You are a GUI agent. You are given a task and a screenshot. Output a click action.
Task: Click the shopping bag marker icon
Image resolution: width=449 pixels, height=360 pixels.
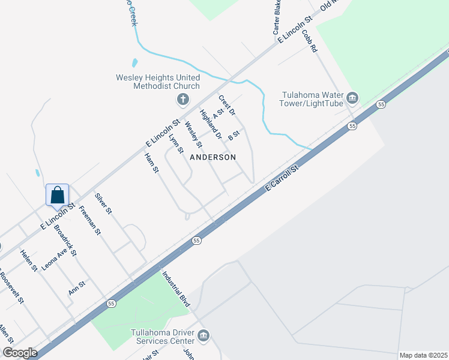(57, 195)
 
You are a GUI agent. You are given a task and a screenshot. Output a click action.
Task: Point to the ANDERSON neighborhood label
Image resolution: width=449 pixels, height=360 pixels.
(212, 157)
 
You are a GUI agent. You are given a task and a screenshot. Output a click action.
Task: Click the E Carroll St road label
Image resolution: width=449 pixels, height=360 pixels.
(282, 179)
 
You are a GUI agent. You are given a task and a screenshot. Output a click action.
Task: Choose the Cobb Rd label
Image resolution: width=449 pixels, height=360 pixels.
(309, 41)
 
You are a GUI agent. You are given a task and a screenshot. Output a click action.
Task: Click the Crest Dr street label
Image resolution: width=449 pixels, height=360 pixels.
(227, 105)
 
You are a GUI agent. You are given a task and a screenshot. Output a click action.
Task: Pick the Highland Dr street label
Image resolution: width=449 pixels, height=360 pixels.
(211, 125)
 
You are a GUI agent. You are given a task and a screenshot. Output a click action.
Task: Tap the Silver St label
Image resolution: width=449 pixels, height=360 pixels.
(103, 203)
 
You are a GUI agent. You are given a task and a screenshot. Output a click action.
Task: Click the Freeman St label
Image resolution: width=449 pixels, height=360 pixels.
(89, 221)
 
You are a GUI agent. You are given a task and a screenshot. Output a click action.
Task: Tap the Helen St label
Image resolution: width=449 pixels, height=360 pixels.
(29, 260)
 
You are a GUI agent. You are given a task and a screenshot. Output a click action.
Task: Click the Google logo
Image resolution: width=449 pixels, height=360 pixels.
(20, 353)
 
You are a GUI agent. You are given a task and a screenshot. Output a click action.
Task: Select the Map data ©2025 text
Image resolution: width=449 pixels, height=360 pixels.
(423, 355)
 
